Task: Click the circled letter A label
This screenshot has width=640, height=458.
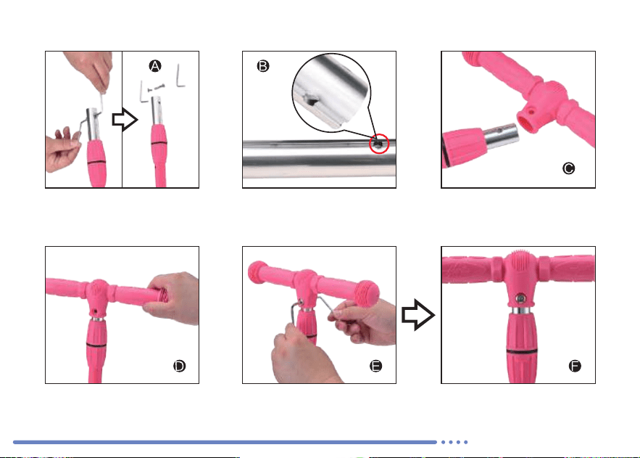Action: pos(154,66)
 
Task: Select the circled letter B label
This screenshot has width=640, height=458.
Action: pos(263,66)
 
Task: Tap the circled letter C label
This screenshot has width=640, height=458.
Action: pos(568,168)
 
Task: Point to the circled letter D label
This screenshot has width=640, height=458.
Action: pos(179,366)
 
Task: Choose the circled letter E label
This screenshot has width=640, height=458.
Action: pos(376,366)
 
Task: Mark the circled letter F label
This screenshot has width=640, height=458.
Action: pos(575,366)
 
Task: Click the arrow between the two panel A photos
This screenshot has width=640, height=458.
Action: pos(125,120)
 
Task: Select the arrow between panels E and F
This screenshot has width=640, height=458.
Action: pos(418,315)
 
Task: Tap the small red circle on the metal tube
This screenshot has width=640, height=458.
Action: pos(379,144)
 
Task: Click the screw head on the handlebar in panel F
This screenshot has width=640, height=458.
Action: pos(520,298)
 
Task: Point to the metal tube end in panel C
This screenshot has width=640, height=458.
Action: pos(502,136)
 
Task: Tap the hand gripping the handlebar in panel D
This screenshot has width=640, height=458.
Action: pos(172,298)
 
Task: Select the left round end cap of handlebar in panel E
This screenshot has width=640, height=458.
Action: pos(258,271)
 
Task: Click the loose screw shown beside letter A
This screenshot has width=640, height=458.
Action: pos(157,87)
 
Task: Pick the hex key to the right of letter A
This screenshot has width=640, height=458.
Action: pos(180,76)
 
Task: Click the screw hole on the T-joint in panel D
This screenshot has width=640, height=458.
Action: pos(96,311)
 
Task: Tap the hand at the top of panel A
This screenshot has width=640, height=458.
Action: pos(90,70)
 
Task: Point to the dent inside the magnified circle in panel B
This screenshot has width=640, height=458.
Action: pos(311,99)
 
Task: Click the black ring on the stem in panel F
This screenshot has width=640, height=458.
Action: pos(522,351)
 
